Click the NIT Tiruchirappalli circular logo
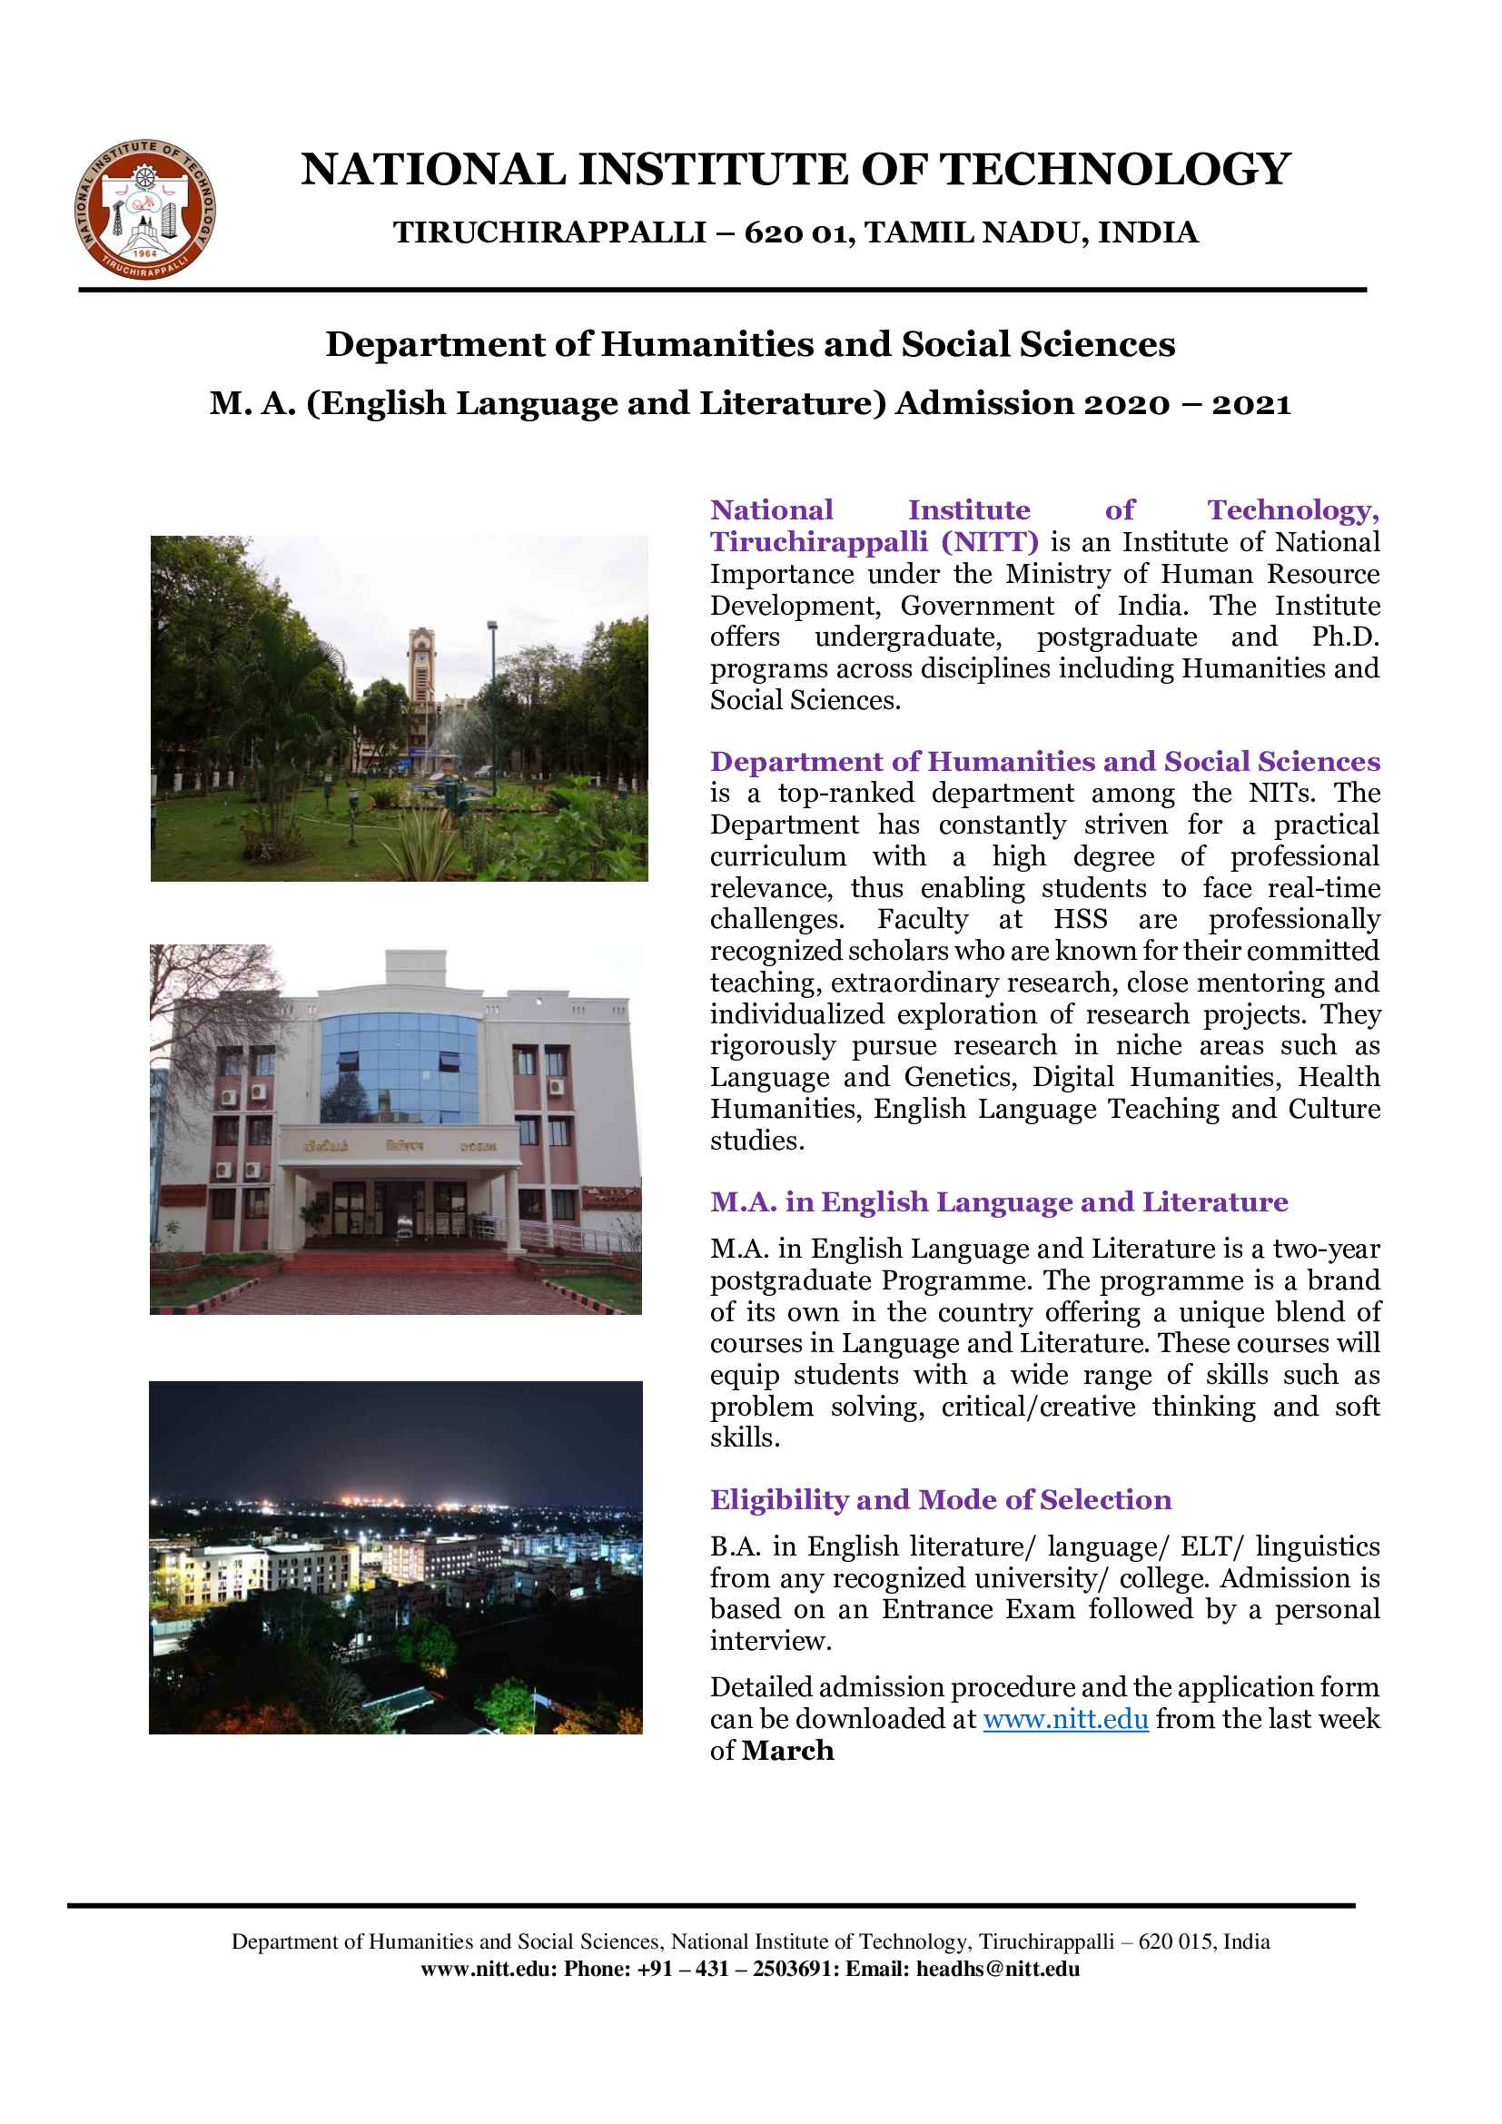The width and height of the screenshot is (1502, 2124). point(146,210)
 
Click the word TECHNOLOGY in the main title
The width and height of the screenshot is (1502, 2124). point(1114,170)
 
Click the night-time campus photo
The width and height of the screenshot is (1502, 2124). point(395,1557)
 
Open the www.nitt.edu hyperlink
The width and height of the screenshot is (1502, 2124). point(1065,1720)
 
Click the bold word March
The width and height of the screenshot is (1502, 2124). point(787,1751)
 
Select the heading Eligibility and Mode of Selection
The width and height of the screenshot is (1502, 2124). point(940,1499)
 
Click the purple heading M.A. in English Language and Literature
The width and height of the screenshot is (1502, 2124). point(998,1201)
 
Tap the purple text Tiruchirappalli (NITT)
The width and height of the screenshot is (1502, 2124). point(873,542)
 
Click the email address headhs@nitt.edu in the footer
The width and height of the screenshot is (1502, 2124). point(997,1969)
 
